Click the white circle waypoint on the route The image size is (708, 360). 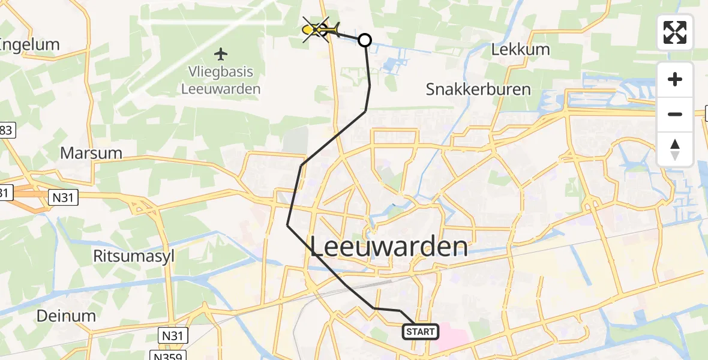[364, 40]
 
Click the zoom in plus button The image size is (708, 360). [675, 80]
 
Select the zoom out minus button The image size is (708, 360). [675, 114]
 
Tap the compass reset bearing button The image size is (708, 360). [675, 149]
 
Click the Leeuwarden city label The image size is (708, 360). [389, 247]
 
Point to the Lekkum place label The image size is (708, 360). [520, 50]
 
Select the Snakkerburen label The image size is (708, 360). [478, 90]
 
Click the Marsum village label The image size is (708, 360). [91, 153]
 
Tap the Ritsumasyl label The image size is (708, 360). [133, 256]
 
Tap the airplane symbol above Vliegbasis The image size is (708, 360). [221, 55]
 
